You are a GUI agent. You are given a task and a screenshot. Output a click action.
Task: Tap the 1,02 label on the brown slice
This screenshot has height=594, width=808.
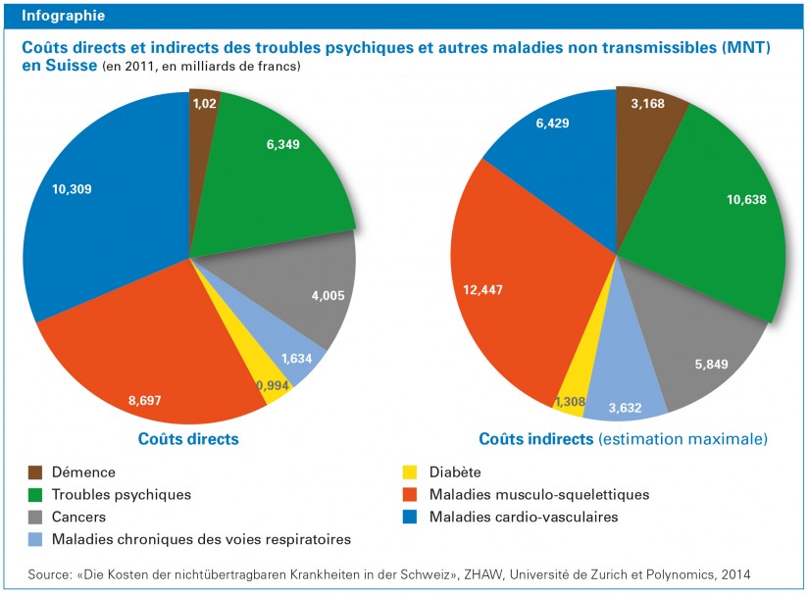205,101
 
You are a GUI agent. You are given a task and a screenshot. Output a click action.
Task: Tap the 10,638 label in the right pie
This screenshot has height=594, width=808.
745,200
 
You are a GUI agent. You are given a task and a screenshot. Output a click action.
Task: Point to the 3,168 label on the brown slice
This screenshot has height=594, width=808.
647,104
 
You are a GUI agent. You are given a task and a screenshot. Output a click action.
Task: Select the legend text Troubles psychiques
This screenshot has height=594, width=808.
121,494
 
